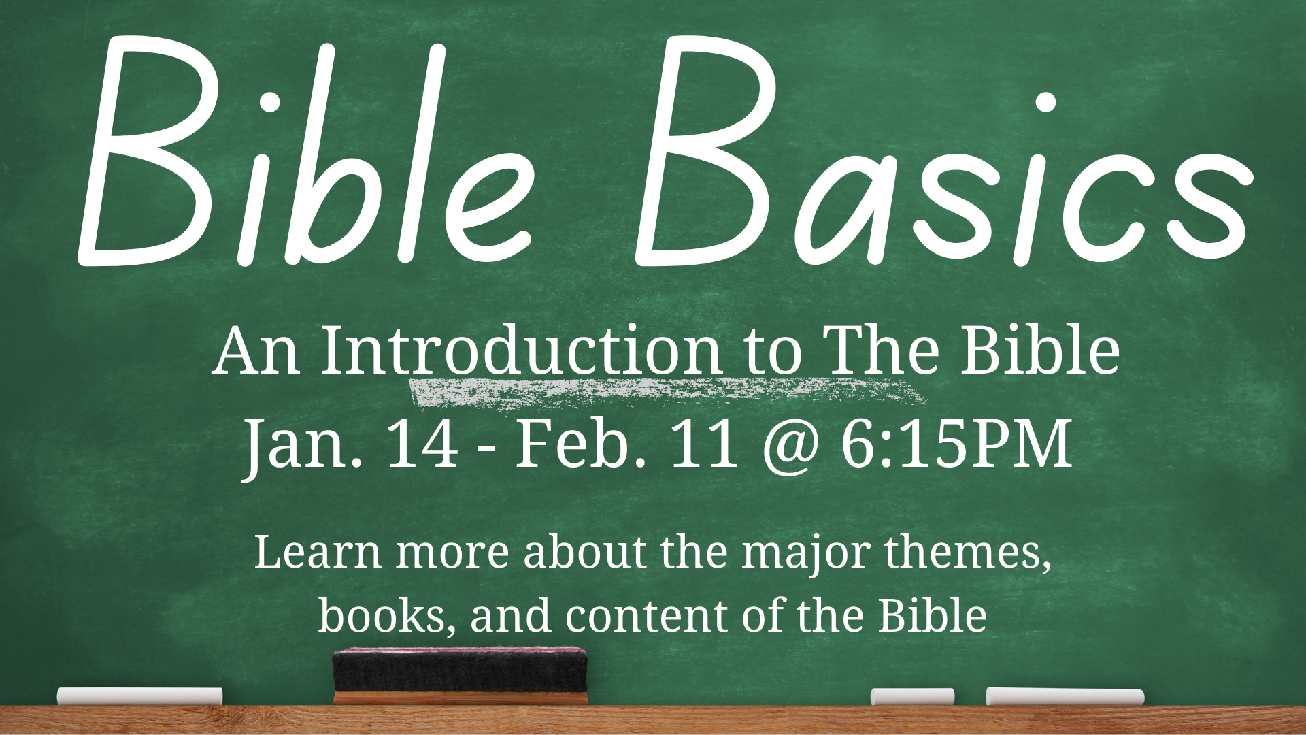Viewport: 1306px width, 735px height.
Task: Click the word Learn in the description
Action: [317, 553]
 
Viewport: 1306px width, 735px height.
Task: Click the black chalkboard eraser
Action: [460, 675]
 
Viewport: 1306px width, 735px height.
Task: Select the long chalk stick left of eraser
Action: [139, 696]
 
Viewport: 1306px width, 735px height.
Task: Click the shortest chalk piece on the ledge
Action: [912, 697]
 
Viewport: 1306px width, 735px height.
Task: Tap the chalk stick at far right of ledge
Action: [1065, 697]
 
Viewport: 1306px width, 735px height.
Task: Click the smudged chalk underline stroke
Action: [667, 393]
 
